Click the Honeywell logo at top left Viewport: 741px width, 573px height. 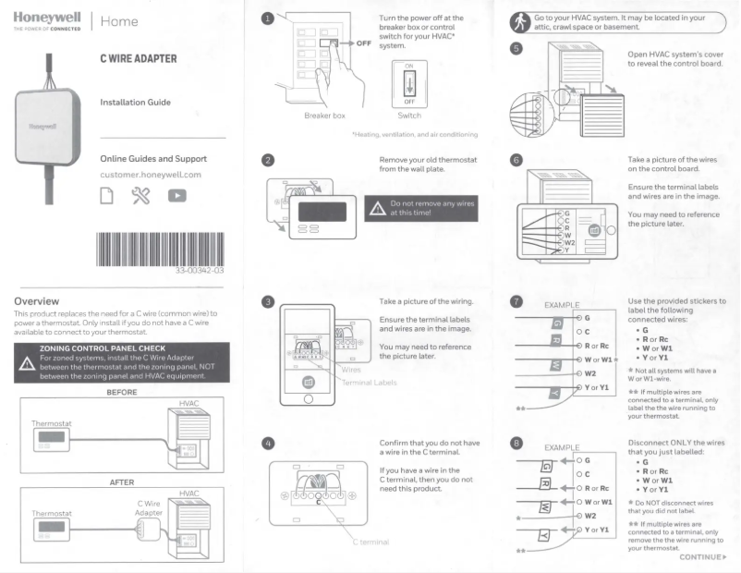click(47, 19)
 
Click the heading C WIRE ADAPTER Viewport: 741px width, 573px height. click(139, 58)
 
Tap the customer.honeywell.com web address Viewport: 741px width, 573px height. click(151, 175)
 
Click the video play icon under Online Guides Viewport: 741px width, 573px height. click(176, 196)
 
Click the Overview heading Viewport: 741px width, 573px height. click(37, 301)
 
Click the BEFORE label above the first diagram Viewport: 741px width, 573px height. click(122, 392)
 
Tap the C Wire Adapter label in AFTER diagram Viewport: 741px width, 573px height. click(148, 509)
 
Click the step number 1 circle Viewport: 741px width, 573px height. click(267, 18)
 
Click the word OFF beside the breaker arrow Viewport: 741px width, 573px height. click(364, 43)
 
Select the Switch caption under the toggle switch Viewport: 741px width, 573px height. click(407, 116)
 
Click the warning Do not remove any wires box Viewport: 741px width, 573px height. click(421, 208)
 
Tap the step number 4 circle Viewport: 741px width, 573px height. click(267, 443)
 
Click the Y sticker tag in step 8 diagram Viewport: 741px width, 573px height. click(545, 534)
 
